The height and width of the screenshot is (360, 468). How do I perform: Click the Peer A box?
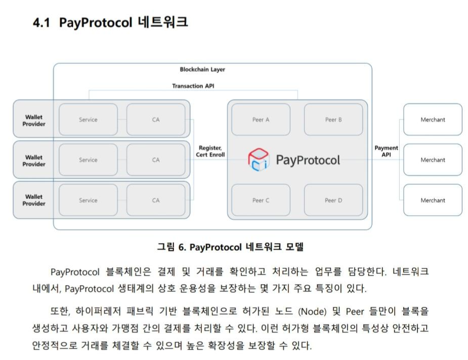(x=261, y=120)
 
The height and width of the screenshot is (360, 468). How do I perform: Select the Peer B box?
(x=333, y=120)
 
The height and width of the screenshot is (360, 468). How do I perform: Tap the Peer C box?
(x=261, y=200)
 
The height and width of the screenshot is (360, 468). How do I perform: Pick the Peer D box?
(x=333, y=200)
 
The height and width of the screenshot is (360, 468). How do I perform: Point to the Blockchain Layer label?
(x=202, y=69)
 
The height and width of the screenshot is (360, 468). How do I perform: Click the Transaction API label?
(x=193, y=86)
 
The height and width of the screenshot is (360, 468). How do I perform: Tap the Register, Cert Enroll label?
(x=211, y=151)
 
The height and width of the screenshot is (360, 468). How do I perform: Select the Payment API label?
(x=386, y=151)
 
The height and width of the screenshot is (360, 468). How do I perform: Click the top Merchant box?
(x=433, y=120)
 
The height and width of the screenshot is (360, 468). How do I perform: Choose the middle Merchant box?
(x=433, y=160)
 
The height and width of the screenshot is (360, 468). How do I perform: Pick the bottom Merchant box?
(x=433, y=200)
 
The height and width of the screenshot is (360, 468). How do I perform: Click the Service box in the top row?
(x=88, y=120)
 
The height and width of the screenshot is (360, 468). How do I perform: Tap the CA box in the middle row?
(x=156, y=160)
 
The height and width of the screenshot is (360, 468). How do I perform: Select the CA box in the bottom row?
(x=156, y=200)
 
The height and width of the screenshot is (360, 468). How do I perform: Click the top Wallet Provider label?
(x=34, y=121)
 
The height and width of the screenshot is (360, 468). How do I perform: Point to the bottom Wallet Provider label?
(x=34, y=200)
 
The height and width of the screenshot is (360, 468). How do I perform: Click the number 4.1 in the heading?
(x=41, y=23)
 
